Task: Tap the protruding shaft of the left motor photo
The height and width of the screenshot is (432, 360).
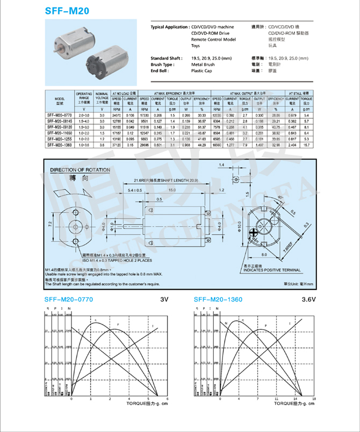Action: pos(56,52)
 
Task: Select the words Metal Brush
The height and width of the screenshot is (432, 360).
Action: pos(203,64)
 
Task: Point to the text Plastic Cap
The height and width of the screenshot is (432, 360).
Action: pos(201,70)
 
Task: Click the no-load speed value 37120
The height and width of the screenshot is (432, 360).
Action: pos(117,145)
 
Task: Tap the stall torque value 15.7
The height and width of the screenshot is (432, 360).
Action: pos(307,145)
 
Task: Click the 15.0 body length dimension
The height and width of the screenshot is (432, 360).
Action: pos(171,190)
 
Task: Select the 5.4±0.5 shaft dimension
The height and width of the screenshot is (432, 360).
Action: pos(135,190)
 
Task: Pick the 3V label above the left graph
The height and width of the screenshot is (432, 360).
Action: pos(164,299)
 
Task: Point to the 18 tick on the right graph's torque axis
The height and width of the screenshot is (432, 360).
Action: pos(314,399)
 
